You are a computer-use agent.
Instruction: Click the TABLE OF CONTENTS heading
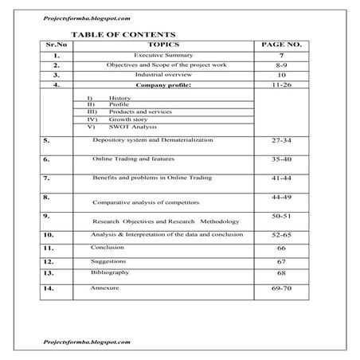point(119,35)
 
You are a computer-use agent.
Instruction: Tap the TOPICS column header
point(162,46)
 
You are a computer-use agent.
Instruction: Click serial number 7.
point(47,178)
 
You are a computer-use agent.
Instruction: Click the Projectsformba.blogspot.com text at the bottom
point(88,341)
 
